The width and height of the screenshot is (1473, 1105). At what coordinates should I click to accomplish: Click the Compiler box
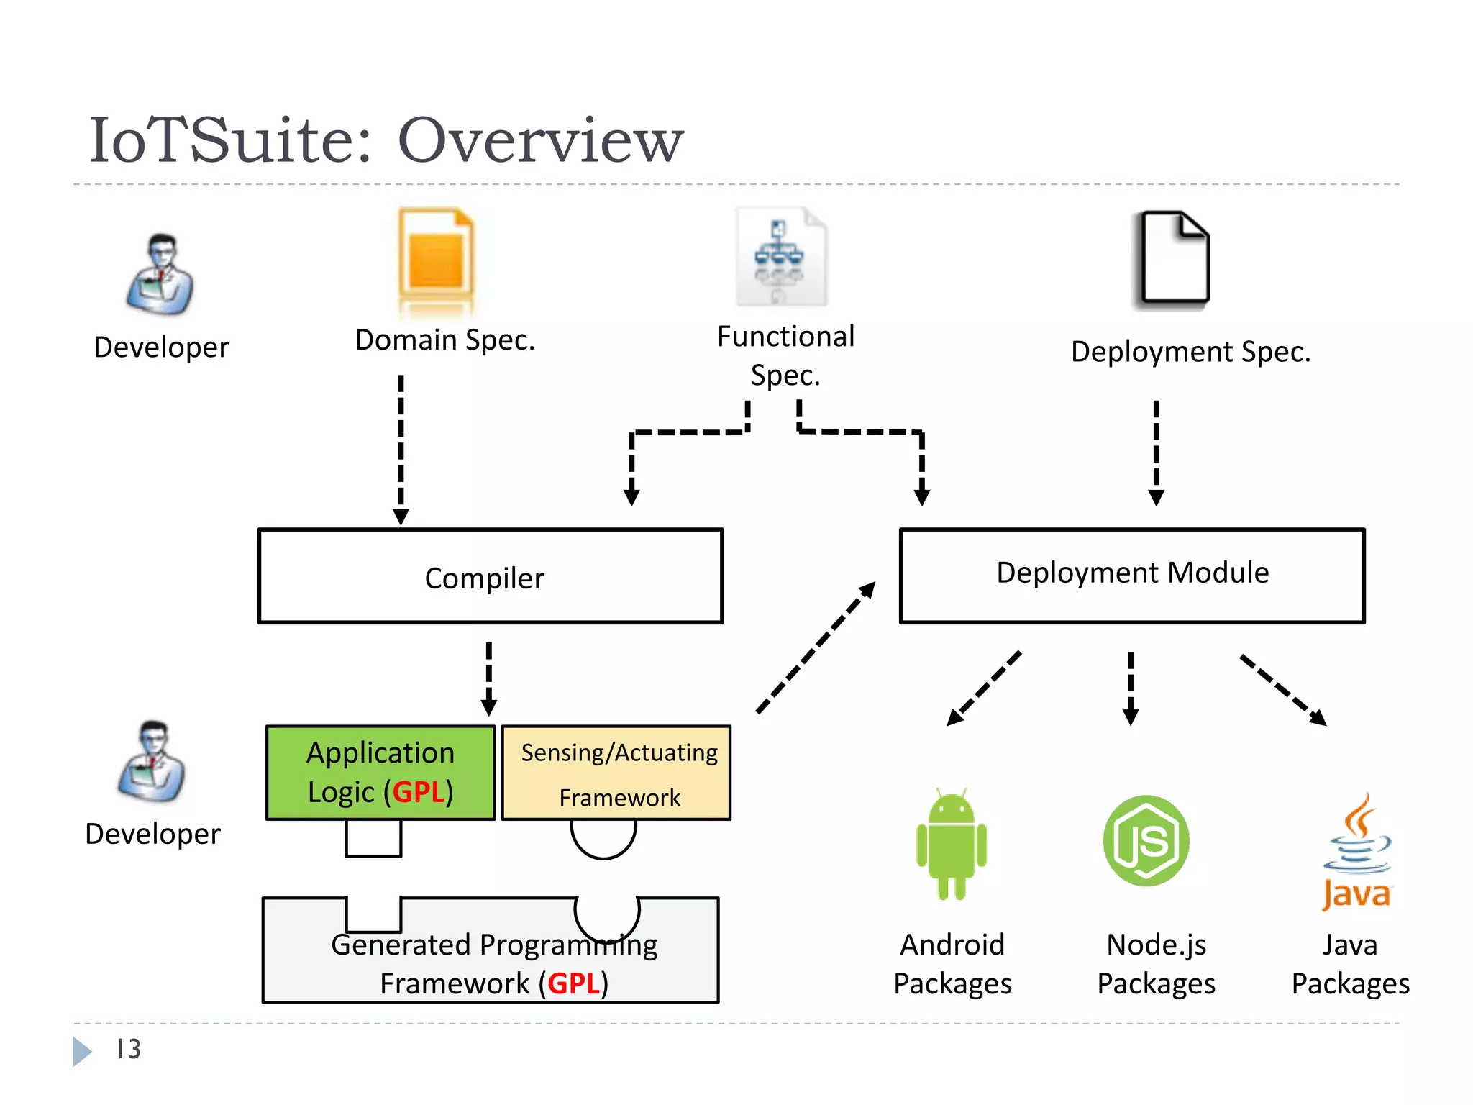coord(490,576)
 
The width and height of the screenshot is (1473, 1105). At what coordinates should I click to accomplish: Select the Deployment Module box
coord(1131,575)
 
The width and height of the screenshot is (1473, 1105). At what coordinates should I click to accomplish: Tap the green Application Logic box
coord(380,772)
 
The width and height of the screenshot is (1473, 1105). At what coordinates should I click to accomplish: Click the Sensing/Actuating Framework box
coord(616,773)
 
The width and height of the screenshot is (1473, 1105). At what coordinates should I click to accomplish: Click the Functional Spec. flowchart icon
coord(780,257)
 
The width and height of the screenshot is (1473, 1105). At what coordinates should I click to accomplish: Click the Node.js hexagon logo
coord(1146,840)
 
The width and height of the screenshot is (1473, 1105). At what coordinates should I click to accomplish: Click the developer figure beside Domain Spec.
coord(160,275)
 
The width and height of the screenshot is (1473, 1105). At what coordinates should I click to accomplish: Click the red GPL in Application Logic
coord(418,792)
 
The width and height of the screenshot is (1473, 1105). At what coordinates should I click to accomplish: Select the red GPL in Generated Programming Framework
coord(573,983)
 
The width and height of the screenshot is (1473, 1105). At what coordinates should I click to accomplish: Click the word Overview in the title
coord(540,140)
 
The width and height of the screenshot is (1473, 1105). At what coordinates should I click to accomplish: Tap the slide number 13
coord(129,1049)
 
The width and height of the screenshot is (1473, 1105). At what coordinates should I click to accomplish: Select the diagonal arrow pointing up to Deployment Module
coord(816,647)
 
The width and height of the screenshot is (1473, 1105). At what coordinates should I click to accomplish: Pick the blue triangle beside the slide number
coord(81,1051)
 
